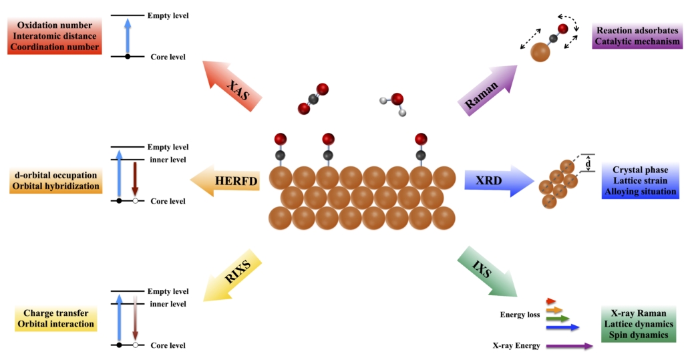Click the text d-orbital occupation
pyautogui.click(x=55, y=175)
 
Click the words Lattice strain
pyautogui.click(x=640, y=181)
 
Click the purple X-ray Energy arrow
pyautogui.click(x=568, y=346)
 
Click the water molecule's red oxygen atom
pyautogui.click(x=397, y=100)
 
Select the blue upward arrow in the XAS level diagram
pyautogui.click(x=128, y=36)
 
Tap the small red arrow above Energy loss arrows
pyautogui.click(x=551, y=301)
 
